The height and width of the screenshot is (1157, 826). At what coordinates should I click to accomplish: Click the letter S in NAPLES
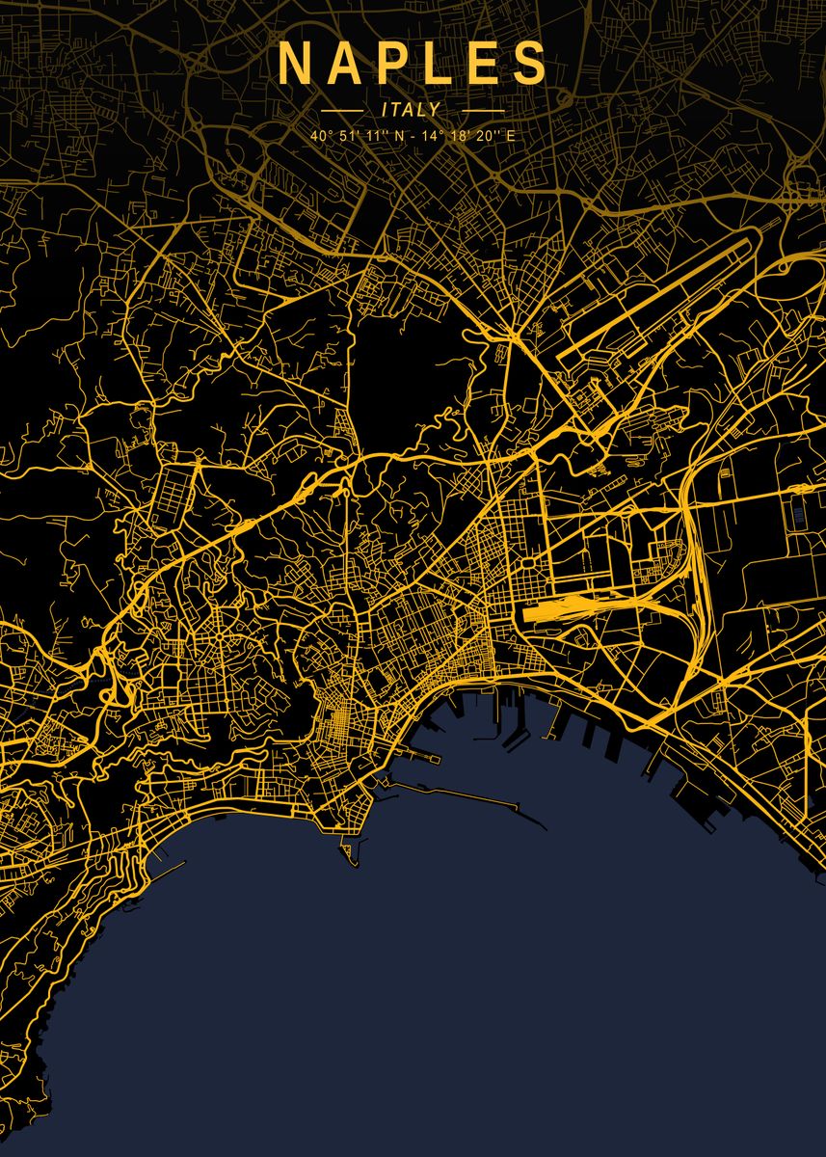[x=530, y=64]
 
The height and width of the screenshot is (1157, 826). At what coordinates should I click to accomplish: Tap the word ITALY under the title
[x=411, y=110]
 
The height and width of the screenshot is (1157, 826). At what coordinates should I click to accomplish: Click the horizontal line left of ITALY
[x=342, y=110]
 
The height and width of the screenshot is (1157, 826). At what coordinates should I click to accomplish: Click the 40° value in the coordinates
[x=320, y=136]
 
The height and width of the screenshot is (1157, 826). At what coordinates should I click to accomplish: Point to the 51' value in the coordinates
[x=349, y=136]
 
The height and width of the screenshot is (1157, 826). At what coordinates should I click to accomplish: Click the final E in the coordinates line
[x=511, y=136]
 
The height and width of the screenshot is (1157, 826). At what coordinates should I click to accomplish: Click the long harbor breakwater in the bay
[x=463, y=796]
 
